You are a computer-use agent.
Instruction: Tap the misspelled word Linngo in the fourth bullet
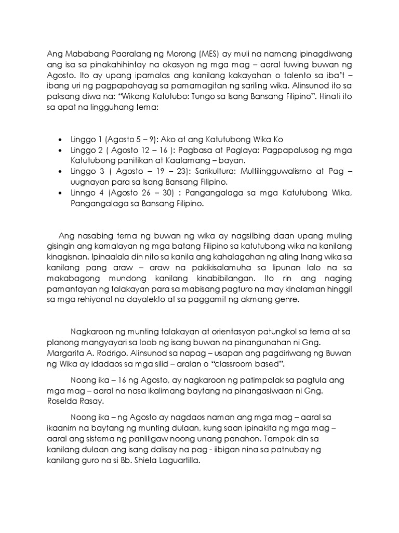click(x=83, y=194)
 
